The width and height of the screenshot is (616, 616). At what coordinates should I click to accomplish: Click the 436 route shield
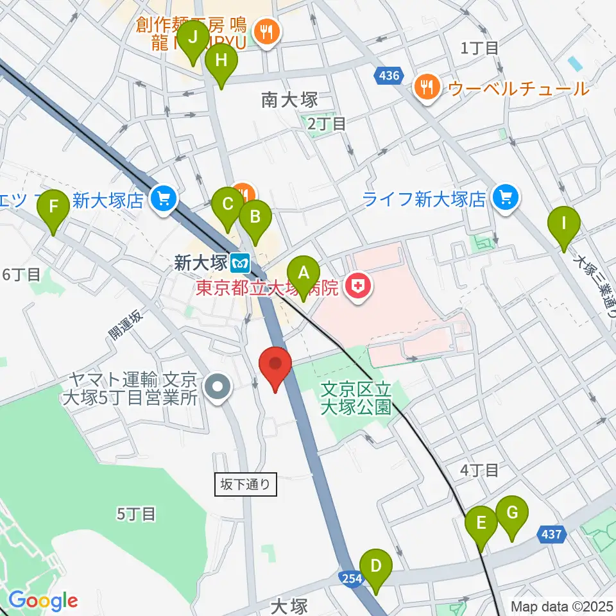pyautogui.click(x=388, y=76)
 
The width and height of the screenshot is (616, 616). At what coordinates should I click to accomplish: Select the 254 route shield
pyautogui.click(x=349, y=579)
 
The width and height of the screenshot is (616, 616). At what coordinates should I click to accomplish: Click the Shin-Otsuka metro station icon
pyautogui.click(x=241, y=262)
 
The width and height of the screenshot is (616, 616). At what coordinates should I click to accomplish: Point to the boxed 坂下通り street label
pyautogui.click(x=246, y=484)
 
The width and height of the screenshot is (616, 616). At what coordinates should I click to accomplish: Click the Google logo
pyautogui.click(x=43, y=601)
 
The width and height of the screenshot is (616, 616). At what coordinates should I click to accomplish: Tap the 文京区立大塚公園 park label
pyautogui.click(x=356, y=398)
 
